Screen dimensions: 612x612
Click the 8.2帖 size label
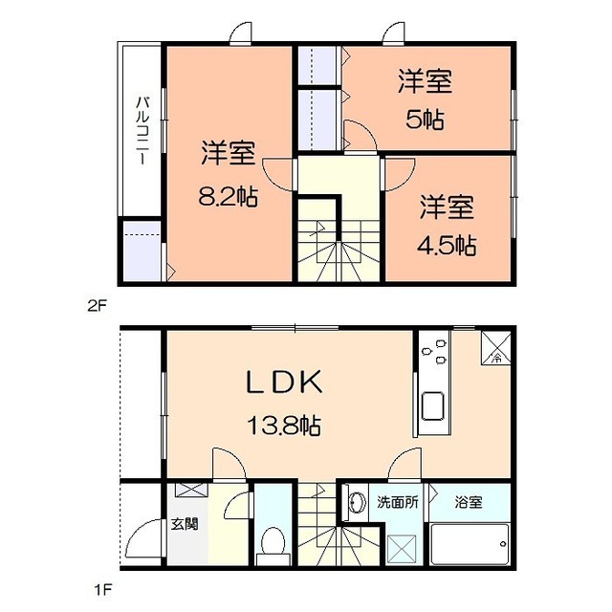point(228,197)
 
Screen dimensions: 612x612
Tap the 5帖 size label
point(425,120)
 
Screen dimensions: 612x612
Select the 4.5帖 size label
point(447,245)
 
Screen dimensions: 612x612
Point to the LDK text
point(284,382)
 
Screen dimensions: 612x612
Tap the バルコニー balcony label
point(142,131)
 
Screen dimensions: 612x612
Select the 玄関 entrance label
point(185,523)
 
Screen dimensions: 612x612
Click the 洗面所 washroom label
point(398,502)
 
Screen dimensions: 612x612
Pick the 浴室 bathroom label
point(469,502)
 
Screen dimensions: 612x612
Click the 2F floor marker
point(98,306)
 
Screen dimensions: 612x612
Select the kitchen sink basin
point(433,405)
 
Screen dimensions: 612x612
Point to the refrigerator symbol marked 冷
point(496,348)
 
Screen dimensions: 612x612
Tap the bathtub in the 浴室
point(470,544)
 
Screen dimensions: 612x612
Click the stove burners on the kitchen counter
point(434,351)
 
